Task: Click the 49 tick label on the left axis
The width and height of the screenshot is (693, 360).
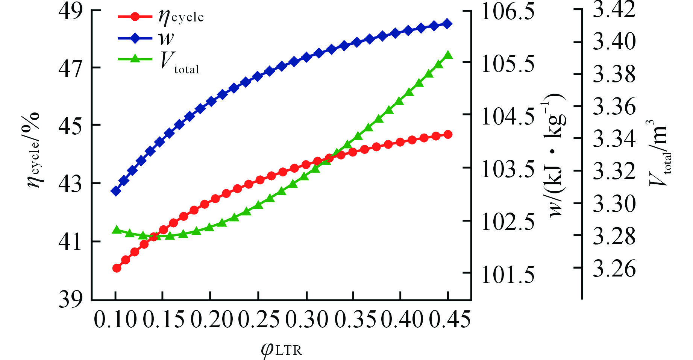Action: pos(70,12)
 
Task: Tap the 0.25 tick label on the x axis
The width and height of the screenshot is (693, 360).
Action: pos(259,320)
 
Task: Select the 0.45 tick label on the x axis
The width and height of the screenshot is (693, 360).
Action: pos(450,320)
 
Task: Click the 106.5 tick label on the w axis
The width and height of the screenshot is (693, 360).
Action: pos(508,12)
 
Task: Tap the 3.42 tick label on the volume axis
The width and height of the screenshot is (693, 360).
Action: pos(614,9)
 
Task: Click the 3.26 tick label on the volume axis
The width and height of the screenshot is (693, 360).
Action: pos(614,268)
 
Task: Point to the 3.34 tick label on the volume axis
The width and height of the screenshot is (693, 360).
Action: pos(614,138)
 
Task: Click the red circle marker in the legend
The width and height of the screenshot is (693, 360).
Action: pos(135,17)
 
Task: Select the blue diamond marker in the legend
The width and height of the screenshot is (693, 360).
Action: pos(135,38)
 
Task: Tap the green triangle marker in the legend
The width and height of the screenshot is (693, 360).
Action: pos(135,59)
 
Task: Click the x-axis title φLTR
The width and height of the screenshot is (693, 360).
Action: pos(281,349)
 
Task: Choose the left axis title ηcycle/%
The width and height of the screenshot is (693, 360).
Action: pos(34,150)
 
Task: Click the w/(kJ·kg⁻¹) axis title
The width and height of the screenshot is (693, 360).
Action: pos(557,154)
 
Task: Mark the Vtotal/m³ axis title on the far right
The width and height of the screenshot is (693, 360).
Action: pos(659,152)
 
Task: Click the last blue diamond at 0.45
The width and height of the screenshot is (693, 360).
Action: pos(448,24)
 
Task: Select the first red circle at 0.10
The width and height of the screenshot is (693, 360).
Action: pos(117,268)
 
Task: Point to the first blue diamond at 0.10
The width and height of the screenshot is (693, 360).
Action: pos(116,191)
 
